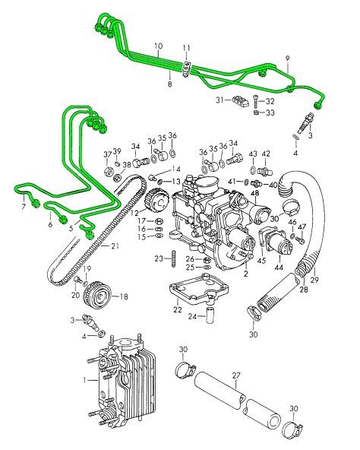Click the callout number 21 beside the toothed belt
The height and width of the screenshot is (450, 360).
pos(115,246)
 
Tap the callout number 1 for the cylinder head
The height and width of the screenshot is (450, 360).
pos(84,380)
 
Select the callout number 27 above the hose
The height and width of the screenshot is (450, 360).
pos(236,376)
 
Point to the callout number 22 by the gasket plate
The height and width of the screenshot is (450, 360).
pos(178,309)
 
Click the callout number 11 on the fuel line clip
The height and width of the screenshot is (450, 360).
pos(186,48)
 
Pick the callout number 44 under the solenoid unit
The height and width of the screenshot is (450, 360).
pos(279,268)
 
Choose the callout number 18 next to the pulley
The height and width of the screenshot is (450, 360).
pos(124,296)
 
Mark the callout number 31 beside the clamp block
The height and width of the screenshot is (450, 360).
pos(220,100)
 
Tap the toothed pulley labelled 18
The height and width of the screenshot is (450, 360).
pos(98,295)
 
